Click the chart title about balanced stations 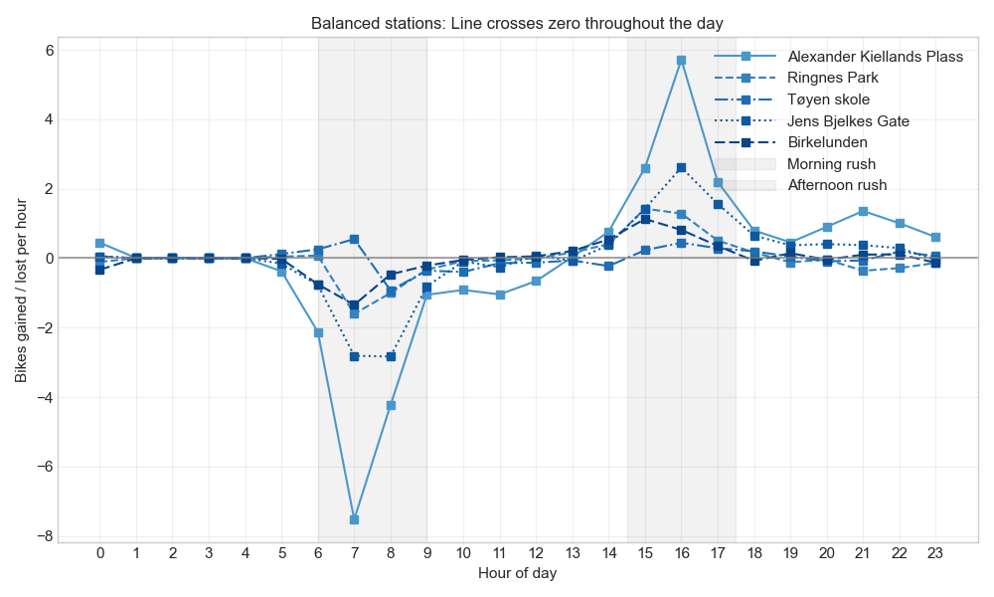[517, 23]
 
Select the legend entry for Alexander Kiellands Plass [875, 57]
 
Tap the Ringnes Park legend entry [833, 78]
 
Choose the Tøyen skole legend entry [828, 99]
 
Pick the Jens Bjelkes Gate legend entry [848, 121]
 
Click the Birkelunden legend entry [827, 142]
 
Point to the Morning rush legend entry [831, 164]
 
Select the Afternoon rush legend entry [837, 185]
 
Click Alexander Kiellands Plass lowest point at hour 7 [354, 519]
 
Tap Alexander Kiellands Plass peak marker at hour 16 [681, 60]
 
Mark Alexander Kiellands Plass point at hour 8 [391, 405]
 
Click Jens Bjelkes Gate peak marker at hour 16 [681, 168]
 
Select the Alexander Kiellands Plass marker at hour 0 [99, 243]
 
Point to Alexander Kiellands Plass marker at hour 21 [863, 211]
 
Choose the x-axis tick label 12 [536, 553]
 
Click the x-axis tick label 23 [935, 553]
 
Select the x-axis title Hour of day [517, 573]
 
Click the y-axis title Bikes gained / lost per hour [21, 291]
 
